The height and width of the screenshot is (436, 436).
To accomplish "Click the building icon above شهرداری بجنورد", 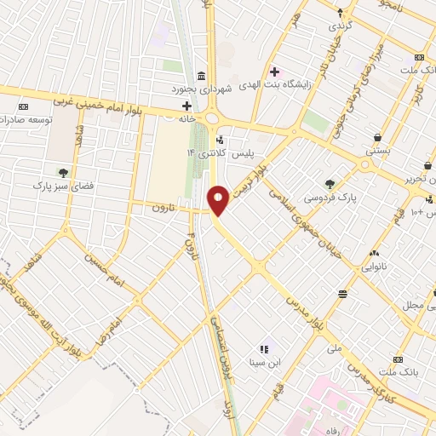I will point(199,75).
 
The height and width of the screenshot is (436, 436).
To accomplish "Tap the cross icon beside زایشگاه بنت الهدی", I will point(274,72).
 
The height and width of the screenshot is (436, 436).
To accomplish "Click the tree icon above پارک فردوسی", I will point(330,182).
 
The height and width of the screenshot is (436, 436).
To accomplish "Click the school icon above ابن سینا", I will point(264,348).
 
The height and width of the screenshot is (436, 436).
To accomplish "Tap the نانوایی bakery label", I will point(375,267).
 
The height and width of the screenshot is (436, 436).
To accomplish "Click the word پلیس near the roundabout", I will point(247,152).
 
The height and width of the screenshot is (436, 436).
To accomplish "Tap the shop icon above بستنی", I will point(377,137).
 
